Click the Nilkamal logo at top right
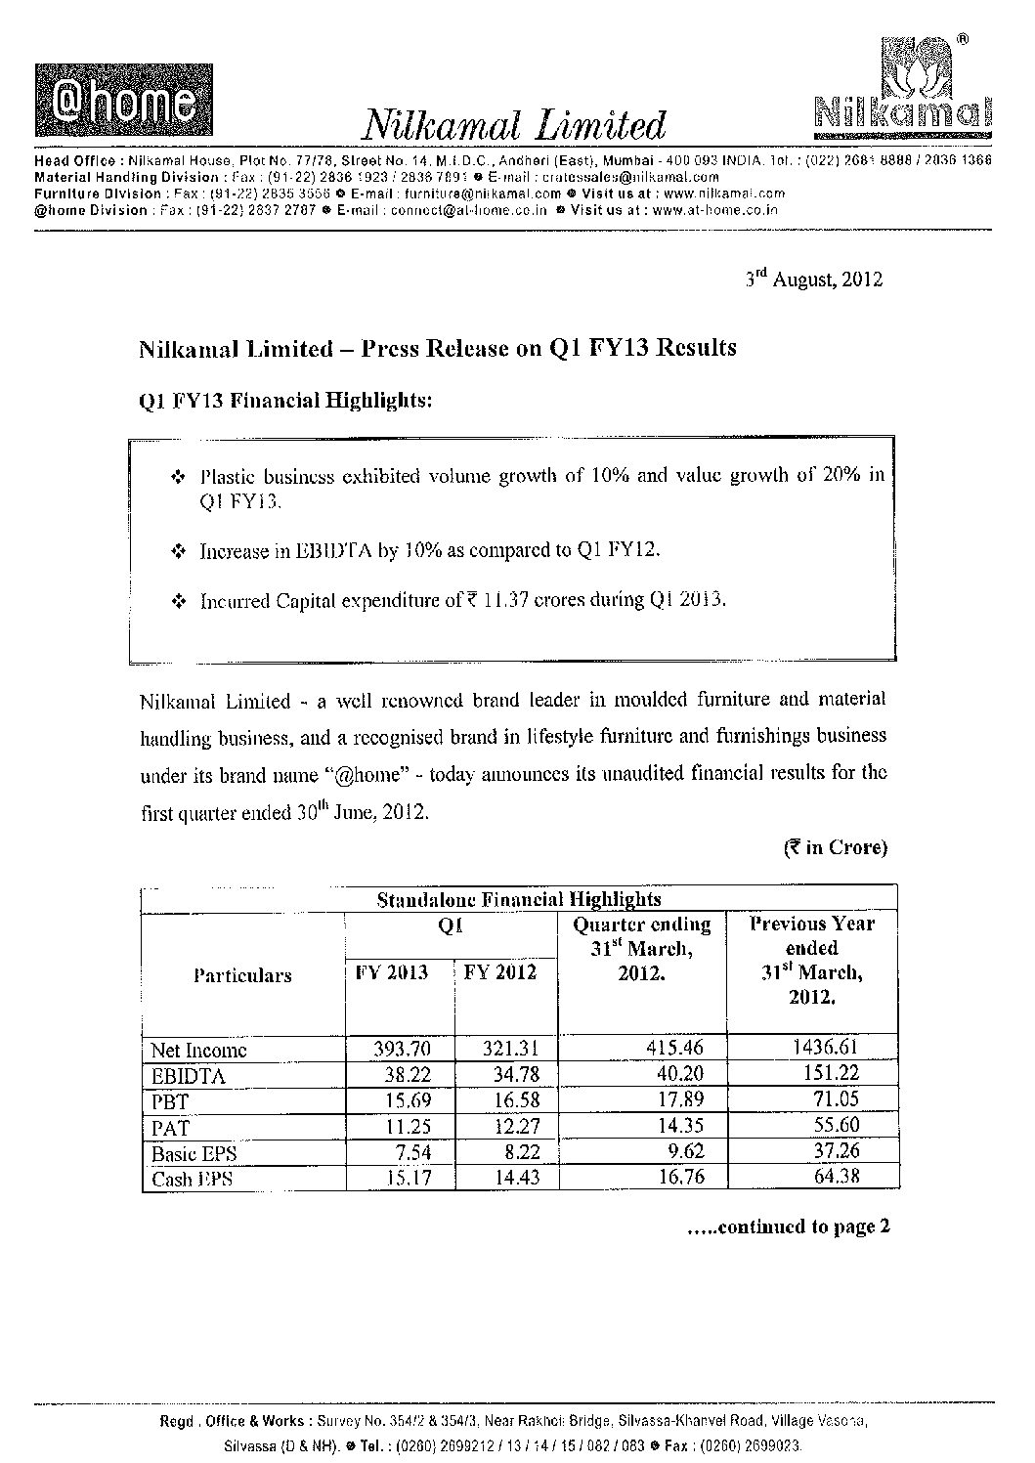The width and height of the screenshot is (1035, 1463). [x=901, y=89]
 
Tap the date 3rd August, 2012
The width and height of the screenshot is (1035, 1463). [x=813, y=280]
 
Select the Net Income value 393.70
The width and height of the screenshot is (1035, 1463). [x=402, y=1049]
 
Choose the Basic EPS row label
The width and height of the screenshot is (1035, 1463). [x=194, y=1153]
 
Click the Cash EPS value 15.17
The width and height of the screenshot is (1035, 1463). [x=404, y=1179]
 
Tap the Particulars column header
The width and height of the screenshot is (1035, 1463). [x=242, y=975]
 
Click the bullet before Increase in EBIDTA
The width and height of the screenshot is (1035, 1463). [x=178, y=552]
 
